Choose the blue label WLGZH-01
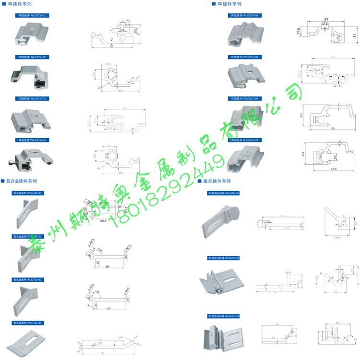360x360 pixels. click(223, 192)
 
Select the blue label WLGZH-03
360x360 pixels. click(223, 315)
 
